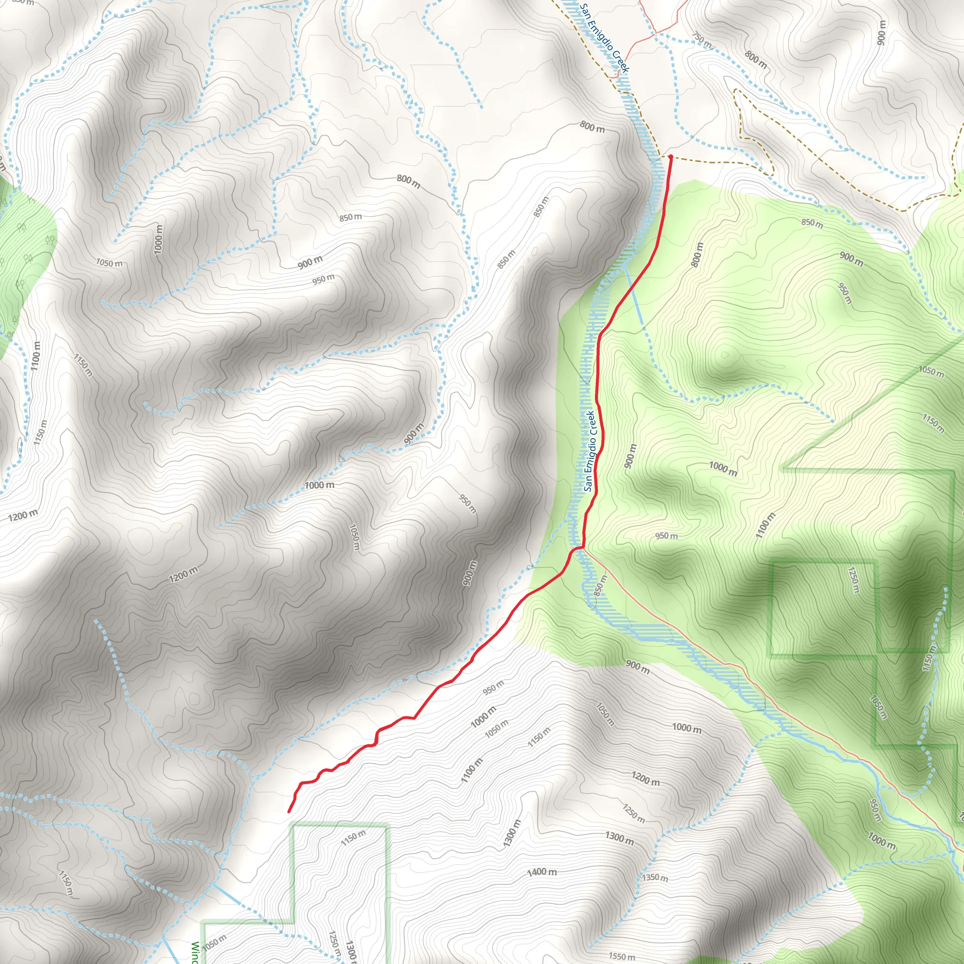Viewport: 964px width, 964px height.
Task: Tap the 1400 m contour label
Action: coord(542,872)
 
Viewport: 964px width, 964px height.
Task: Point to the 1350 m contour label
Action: coord(655,891)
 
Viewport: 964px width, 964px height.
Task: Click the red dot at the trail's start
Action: coord(670,157)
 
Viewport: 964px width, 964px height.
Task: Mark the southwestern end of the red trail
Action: coord(289,812)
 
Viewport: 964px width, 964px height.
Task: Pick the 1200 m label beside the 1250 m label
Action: coord(645,779)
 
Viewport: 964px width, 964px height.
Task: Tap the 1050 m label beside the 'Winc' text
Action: coord(214,942)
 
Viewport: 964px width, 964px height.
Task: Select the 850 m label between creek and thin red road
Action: coord(600,585)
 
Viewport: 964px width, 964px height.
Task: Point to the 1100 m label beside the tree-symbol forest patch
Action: coord(35,356)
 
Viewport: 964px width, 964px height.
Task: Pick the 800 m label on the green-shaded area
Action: coord(697,255)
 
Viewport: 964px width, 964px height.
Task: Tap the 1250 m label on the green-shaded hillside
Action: coord(854,579)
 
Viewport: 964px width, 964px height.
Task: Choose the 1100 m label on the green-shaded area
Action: coord(765,525)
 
